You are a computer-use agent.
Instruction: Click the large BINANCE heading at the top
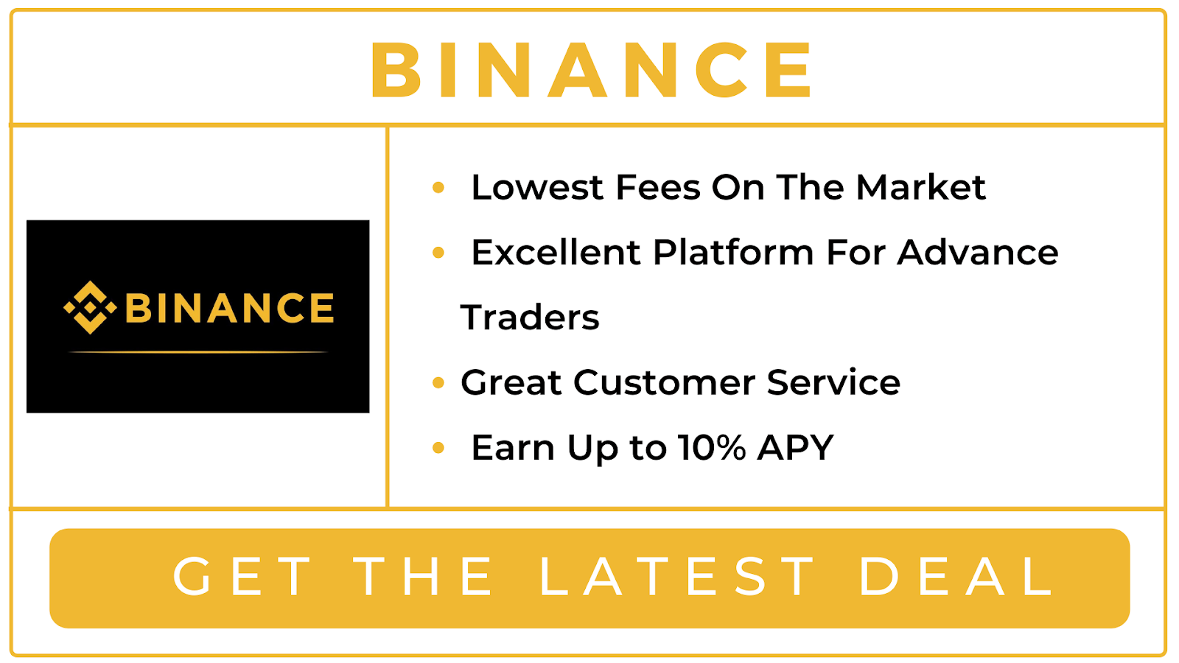coord(591,70)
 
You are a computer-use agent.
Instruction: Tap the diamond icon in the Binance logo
coord(90,308)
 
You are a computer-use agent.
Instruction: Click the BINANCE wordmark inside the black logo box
coord(229,308)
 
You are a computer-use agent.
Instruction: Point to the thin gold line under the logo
coord(198,351)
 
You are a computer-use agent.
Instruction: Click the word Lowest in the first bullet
coord(537,187)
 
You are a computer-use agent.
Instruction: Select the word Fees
coord(658,187)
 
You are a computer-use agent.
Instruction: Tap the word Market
coord(920,187)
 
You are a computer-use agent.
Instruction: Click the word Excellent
coord(556,253)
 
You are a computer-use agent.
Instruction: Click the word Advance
coord(978,253)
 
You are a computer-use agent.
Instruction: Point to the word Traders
coord(530,318)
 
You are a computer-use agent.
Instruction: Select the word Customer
coord(664,382)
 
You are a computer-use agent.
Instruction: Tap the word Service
coord(833,382)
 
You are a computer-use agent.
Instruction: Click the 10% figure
coord(712,448)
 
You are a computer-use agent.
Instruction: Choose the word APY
coord(795,448)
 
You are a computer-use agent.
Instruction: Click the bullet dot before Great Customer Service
coord(438,382)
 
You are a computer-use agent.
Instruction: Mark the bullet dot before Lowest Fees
coord(438,187)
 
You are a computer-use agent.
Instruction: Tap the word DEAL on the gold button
coord(956,577)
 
